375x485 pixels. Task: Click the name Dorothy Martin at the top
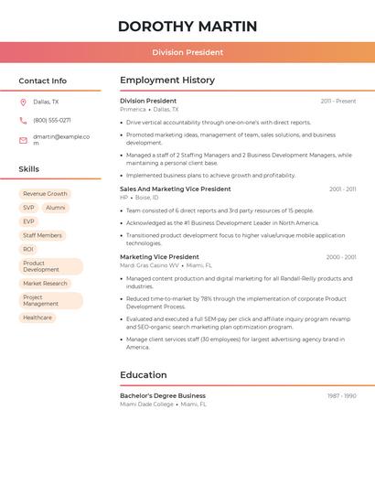coord(187,27)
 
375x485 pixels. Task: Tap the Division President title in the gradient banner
coord(187,52)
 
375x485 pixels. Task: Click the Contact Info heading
coord(42,81)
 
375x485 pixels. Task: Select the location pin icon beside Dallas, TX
coord(23,102)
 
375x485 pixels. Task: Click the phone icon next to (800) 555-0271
coord(23,120)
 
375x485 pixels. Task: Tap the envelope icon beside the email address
coord(23,139)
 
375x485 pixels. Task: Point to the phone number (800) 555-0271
coord(52,120)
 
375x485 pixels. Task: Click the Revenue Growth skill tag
coord(45,194)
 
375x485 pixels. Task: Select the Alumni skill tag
coord(56,208)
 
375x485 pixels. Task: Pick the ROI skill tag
coord(28,249)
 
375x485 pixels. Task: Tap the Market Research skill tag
coord(45,284)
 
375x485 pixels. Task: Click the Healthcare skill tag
coord(37,318)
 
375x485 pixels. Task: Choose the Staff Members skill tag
coord(42,235)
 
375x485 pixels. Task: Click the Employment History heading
coord(167,81)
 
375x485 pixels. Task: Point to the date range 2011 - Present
coord(338,102)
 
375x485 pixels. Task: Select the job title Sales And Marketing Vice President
coord(176,189)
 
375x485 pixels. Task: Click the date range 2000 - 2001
coord(341,257)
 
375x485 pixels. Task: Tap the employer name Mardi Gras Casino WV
coord(149,265)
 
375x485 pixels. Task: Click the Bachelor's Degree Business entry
coord(163,396)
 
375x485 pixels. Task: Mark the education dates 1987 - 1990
coord(342,396)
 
